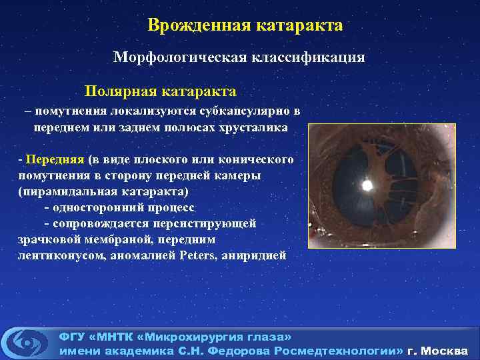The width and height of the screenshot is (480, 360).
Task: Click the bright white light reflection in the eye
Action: (x=365, y=185)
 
